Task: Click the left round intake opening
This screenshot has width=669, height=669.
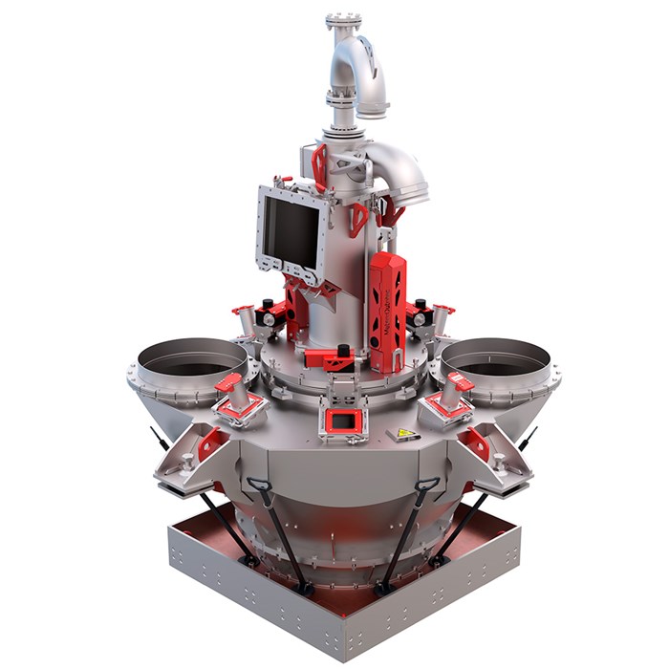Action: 191,358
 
